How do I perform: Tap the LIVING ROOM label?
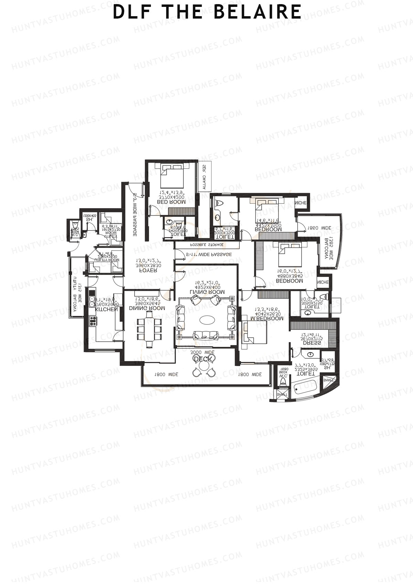tap(207, 292)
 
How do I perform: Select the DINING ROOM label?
tap(148, 308)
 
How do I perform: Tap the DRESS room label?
tap(312, 343)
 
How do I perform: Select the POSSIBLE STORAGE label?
tap(207, 245)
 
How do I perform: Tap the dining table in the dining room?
tap(150, 329)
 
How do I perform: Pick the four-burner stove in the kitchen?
tap(93, 321)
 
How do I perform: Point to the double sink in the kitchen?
tap(92, 301)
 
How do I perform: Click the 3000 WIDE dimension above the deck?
tap(202, 352)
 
